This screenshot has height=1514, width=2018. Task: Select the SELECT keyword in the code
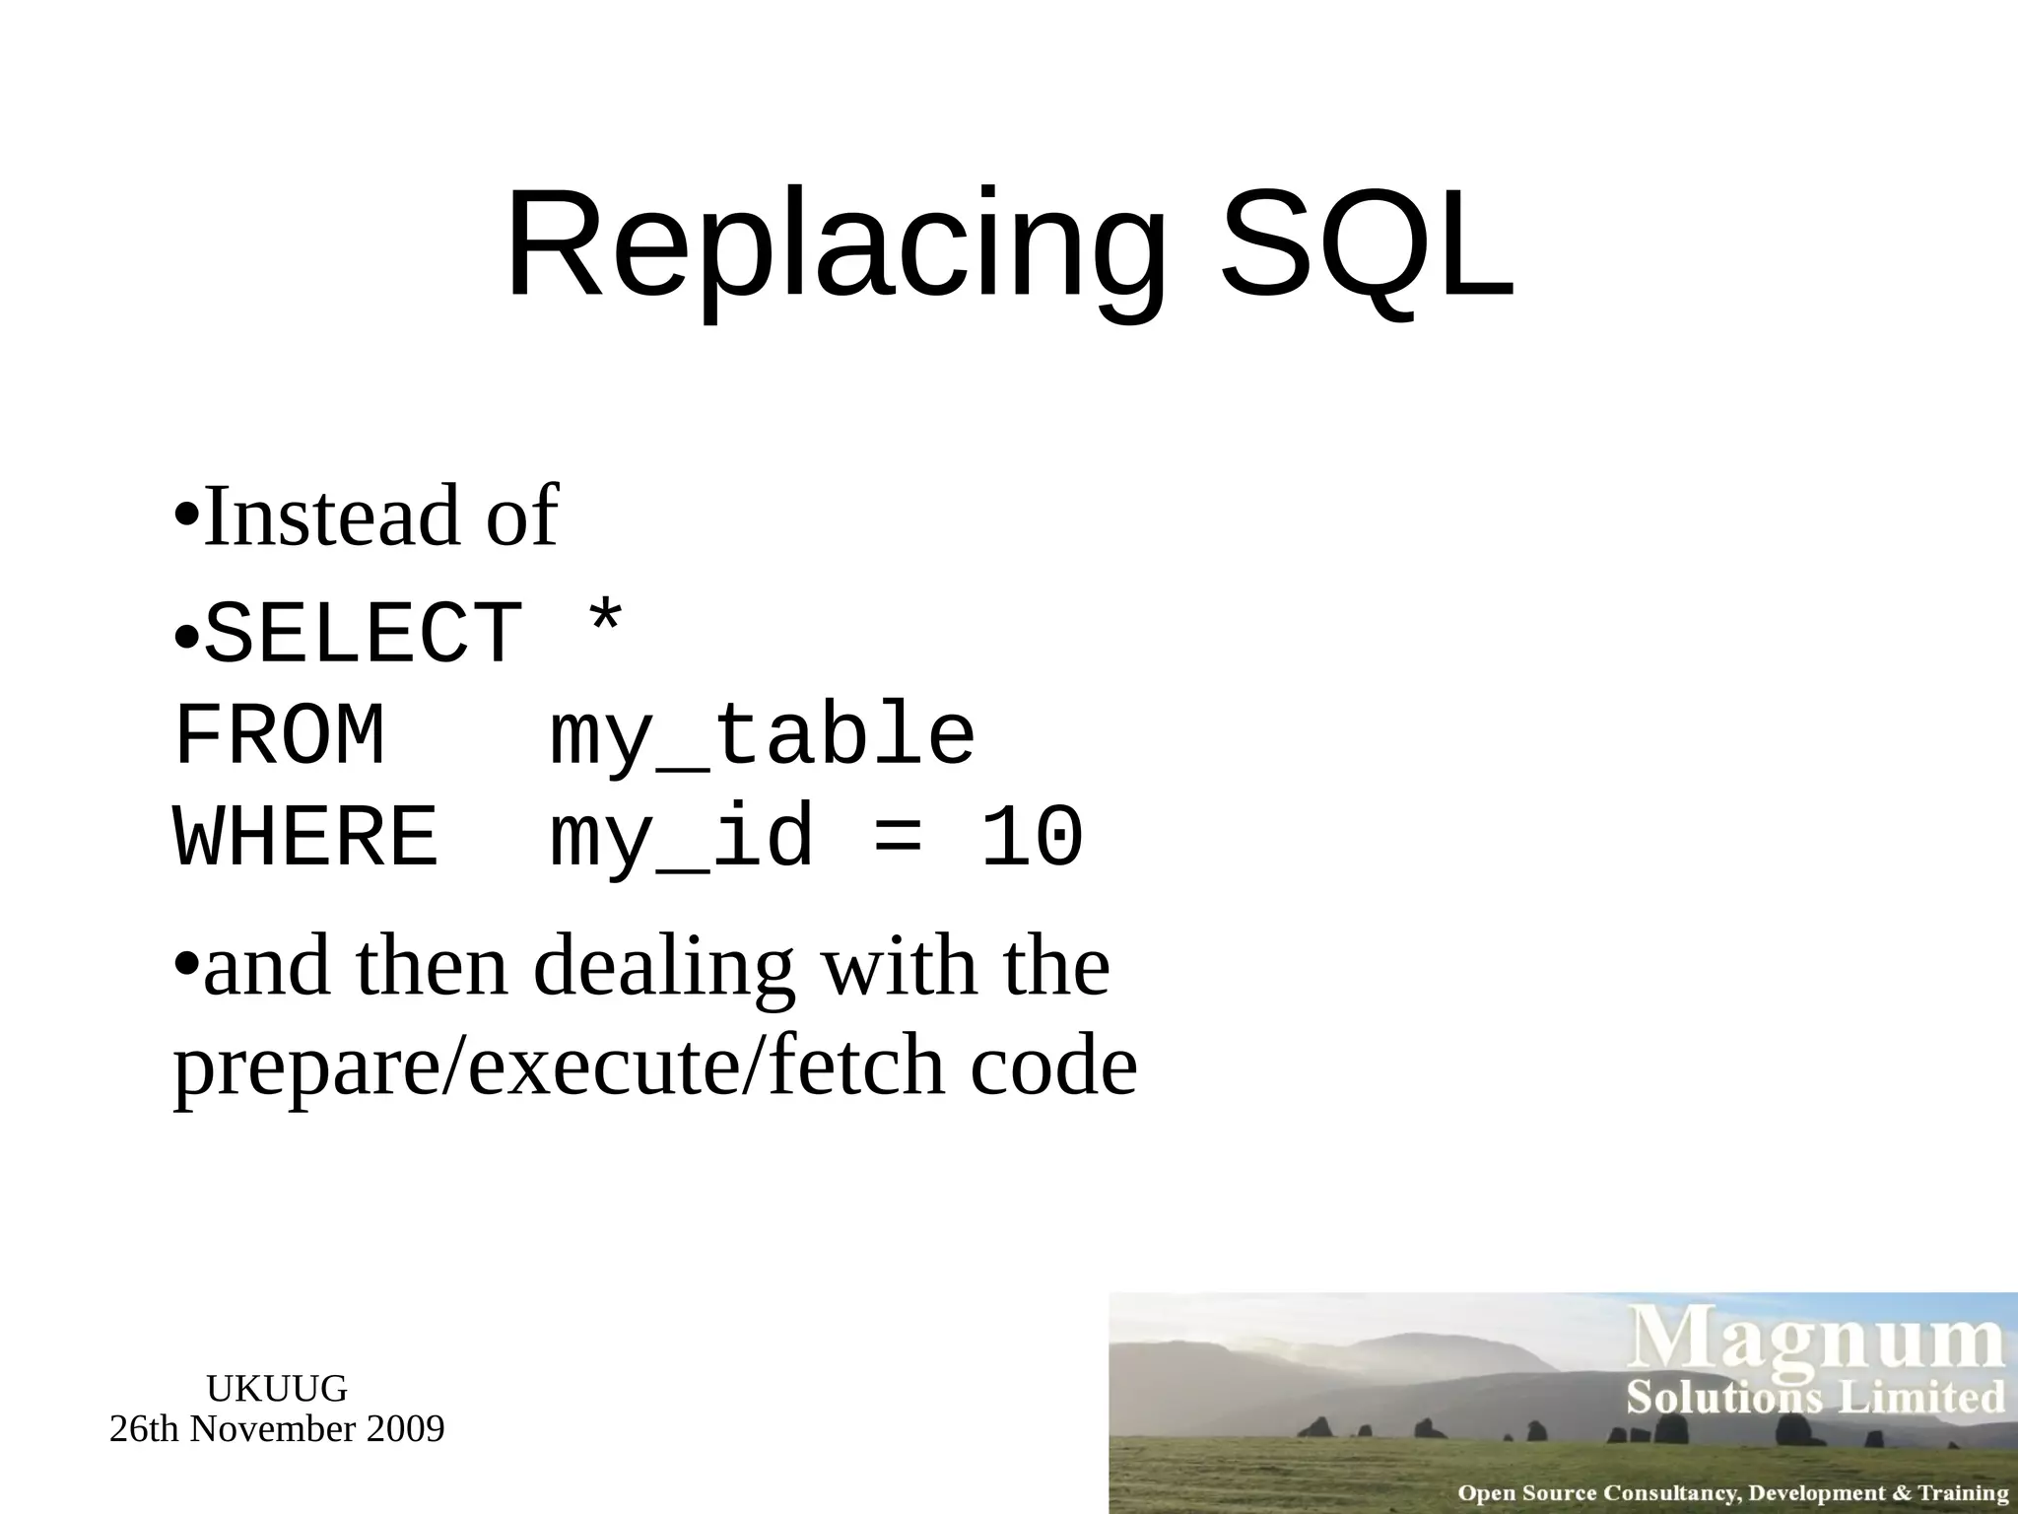pyautogui.click(x=364, y=635)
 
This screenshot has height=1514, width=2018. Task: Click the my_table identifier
pyautogui.click(x=762, y=737)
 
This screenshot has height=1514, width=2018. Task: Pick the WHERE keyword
pyautogui.click(x=305, y=838)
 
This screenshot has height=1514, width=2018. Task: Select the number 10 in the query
pyautogui.click(x=1032, y=838)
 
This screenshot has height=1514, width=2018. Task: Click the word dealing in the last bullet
pyautogui.click(x=663, y=968)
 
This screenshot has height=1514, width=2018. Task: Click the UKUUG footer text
pyautogui.click(x=277, y=1389)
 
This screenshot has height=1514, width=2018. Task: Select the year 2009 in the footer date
pyautogui.click(x=405, y=1429)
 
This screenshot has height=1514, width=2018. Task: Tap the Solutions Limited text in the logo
pyautogui.click(x=1815, y=1398)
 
